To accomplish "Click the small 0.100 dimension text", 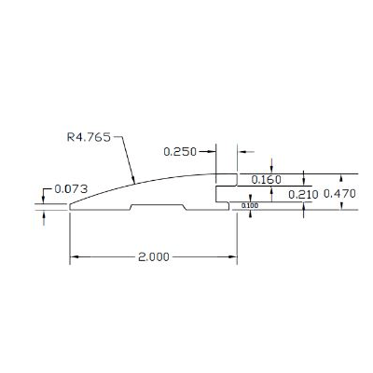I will point(250,205).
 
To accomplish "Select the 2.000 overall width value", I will point(152,258).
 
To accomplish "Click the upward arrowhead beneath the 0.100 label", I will point(250,214).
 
